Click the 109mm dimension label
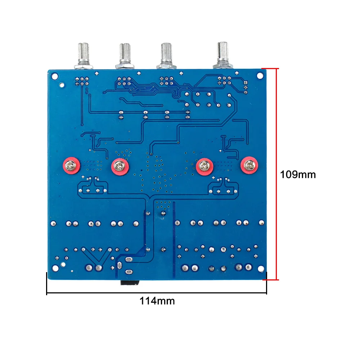tap(298, 175)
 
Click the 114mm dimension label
tap(157, 301)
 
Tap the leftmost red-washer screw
tap(71, 166)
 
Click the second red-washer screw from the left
tap(120, 166)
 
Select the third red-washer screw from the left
tap(204, 166)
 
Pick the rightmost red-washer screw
tap(249, 165)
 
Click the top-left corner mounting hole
tap(55, 76)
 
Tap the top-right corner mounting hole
tap(260, 76)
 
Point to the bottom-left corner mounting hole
tap(55, 268)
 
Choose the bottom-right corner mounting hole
tap(261, 269)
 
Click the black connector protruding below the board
tap(130, 283)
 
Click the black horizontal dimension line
tap(157, 293)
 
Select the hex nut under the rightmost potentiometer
tap(223, 66)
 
